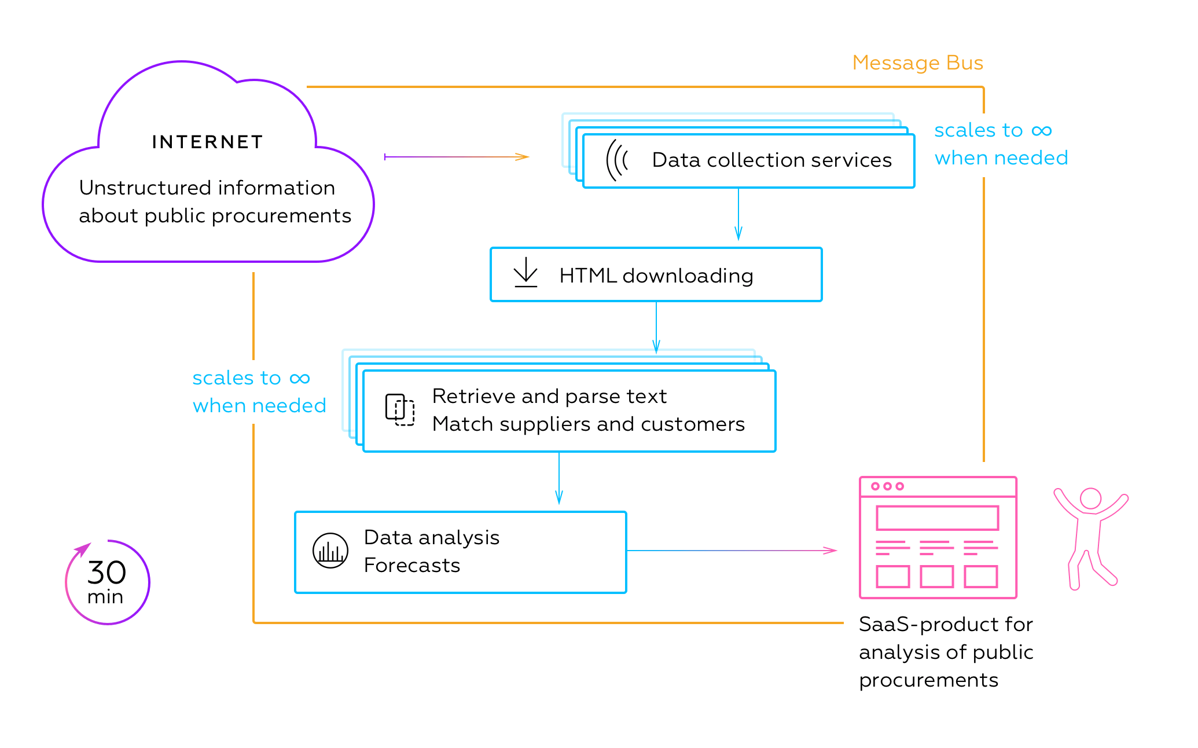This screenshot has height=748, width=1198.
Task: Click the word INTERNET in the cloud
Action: pos(207,142)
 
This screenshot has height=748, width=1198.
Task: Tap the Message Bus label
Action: pos(917,63)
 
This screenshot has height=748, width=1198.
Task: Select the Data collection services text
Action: pos(771,160)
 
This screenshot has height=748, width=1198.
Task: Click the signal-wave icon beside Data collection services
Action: pos(617,160)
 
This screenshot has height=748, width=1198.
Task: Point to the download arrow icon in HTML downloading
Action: pos(525,273)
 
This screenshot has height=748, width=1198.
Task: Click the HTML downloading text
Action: pos(656,276)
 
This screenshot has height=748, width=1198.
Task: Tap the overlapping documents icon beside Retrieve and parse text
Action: pos(400,410)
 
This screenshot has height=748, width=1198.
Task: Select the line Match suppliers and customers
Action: pos(588,424)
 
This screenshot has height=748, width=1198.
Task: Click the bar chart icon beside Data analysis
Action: pos(330,551)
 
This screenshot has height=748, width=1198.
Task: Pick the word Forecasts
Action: pos(411,565)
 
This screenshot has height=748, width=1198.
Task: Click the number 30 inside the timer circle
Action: pos(106,573)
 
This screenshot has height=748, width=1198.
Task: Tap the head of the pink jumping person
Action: pos(1090,498)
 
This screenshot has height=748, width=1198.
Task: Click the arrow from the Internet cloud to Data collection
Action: pos(457,156)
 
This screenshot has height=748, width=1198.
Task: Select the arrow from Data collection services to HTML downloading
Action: pos(738,214)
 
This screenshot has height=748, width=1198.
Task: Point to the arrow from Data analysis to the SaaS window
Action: pos(732,550)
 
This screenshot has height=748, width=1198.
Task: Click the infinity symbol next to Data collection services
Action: pos(1041,130)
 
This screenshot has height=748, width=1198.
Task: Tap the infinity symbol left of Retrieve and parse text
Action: pos(300,379)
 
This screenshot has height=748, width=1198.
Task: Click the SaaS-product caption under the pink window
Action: pos(946,652)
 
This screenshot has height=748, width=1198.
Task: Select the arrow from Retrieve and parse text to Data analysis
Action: pos(558,478)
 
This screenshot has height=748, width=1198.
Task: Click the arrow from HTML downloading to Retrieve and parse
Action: pos(656,328)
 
